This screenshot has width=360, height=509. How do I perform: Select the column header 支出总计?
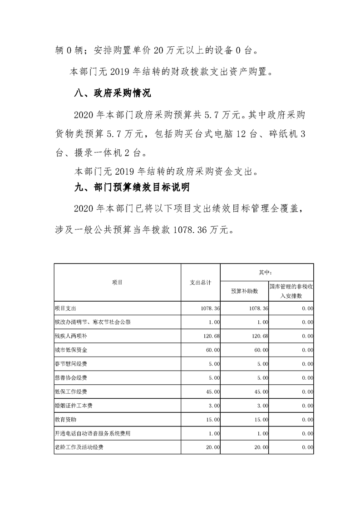pyautogui.click(x=200, y=282)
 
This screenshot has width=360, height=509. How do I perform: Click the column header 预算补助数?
pyautogui.click(x=244, y=291)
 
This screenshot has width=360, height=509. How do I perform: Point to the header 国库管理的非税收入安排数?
pyautogui.click(x=291, y=291)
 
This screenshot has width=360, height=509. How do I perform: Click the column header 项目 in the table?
pyautogui.click(x=117, y=282)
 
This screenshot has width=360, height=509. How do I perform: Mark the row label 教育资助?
pyautogui.click(x=63, y=420)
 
